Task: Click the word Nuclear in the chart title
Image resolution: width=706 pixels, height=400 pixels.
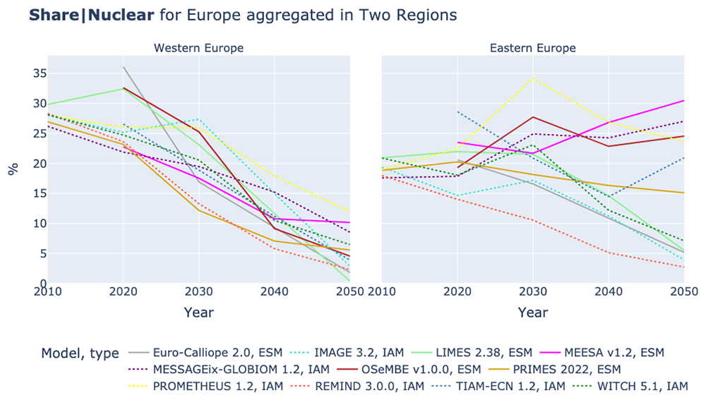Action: pyautogui.click(x=121, y=16)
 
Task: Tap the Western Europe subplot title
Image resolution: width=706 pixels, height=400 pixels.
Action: pyautogui.click(x=198, y=48)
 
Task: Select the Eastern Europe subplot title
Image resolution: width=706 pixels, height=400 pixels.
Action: pyautogui.click(x=532, y=48)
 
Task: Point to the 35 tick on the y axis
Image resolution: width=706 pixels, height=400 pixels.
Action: pyautogui.click(x=40, y=73)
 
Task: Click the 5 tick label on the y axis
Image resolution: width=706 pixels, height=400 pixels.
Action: pyautogui.click(x=44, y=253)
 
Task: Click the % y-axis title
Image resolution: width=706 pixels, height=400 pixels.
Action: pyautogui.click(x=13, y=169)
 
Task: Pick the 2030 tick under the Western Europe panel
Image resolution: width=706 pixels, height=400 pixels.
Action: pyautogui.click(x=198, y=291)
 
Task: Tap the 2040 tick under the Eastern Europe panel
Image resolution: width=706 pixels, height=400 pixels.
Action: pyautogui.click(x=609, y=291)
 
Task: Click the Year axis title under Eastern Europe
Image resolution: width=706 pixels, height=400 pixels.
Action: pyautogui.click(x=532, y=313)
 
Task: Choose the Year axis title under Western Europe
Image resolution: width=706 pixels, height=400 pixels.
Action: pyautogui.click(x=198, y=313)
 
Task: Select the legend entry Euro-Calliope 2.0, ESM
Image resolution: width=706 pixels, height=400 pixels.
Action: pyautogui.click(x=205, y=352)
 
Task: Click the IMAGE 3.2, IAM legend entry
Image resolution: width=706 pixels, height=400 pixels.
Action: pyautogui.click(x=346, y=352)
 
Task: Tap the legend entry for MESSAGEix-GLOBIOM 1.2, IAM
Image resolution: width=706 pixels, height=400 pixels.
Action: pyautogui.click(x=229, y=370)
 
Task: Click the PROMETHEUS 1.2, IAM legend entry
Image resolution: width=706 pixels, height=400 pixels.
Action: pyautogui.click(x=205, y=386)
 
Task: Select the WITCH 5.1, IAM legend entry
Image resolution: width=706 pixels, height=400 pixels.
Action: pyautogui.click(x=630, y=386)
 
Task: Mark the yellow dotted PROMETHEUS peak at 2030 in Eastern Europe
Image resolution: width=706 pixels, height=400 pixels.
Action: pyautogui.click(x=533, y=78)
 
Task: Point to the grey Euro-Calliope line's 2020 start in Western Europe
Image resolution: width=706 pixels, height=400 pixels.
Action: pyautogui.click(x=124, y=67)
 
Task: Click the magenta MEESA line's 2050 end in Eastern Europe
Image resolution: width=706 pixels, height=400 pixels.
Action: pyautogui.click(x=684, y=100)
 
